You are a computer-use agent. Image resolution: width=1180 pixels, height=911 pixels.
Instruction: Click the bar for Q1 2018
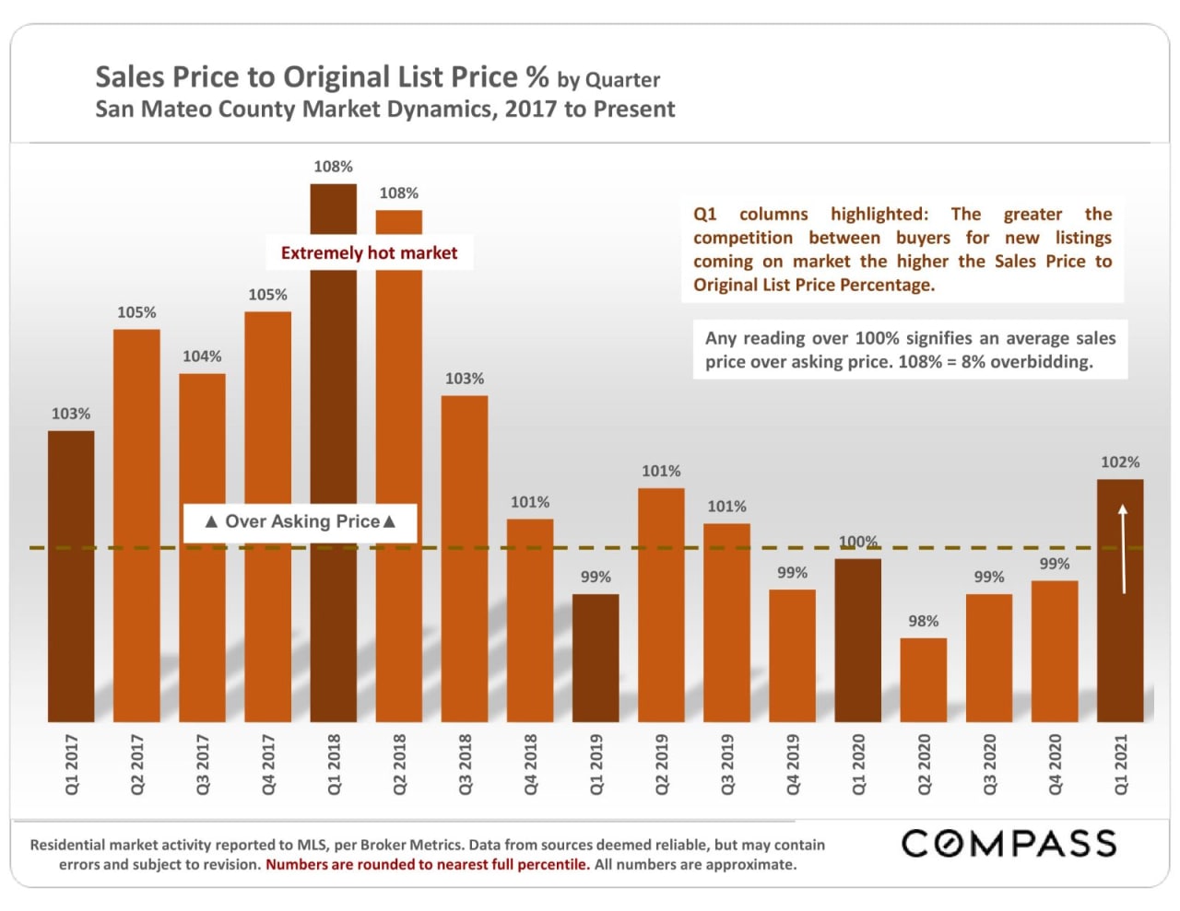click(x=333, y=461)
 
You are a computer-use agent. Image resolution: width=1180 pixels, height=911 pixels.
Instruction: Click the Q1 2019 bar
click(x=596, y=658)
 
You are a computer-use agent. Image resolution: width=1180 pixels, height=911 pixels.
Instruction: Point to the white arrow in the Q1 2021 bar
click(x=1123, y=548)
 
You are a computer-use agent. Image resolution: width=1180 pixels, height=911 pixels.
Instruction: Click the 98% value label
click(x=923, y=621)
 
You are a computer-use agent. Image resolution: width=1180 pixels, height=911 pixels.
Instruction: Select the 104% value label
click(x=202, y=356)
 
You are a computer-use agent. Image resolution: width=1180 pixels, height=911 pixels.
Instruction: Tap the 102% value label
click(x=1120, y=462)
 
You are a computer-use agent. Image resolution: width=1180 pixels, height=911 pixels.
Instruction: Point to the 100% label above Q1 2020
click(x=857, y=542)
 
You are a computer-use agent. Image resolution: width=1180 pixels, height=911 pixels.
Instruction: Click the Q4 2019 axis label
click(x=793, y=764)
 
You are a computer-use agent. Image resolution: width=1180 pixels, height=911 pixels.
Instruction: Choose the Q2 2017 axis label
click(x=137, y=764)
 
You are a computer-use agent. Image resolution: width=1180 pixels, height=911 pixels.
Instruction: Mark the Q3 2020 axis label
click(x=989, y=764)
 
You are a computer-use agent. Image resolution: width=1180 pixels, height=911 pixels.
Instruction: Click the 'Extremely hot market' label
click(x=369, y=253)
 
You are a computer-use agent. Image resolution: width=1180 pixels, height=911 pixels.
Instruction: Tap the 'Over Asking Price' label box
click(x=300, y=522)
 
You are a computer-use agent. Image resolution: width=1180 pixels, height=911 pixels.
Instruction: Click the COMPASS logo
click(x=1009, y=844)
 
